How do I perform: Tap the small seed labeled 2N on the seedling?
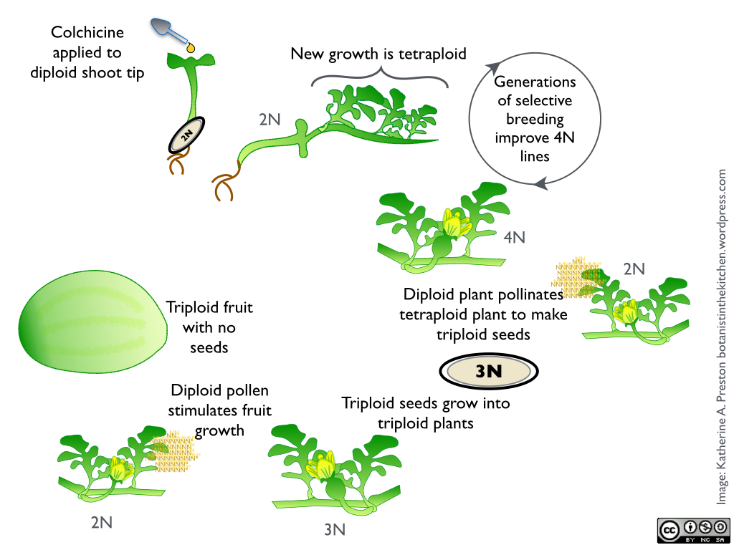pyautogui.click(x=186, y=134)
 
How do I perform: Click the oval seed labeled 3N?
pyautogui.click(x=488, y=371)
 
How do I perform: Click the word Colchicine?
pyautogui.click(x=87, y=32)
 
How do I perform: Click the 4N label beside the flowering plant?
pyautogui.click(x=515, y=237)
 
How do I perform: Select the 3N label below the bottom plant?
pyautogui.click(x=335, y=530)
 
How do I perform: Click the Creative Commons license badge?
pyautogui.click(x=693, y=530)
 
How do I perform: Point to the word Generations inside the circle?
pyautogui.click(x=535, y=82)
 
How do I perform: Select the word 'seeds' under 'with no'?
pyautogui.click(x=209, y=347)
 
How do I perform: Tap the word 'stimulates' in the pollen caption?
pyautogui.click(x=219, y=410)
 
